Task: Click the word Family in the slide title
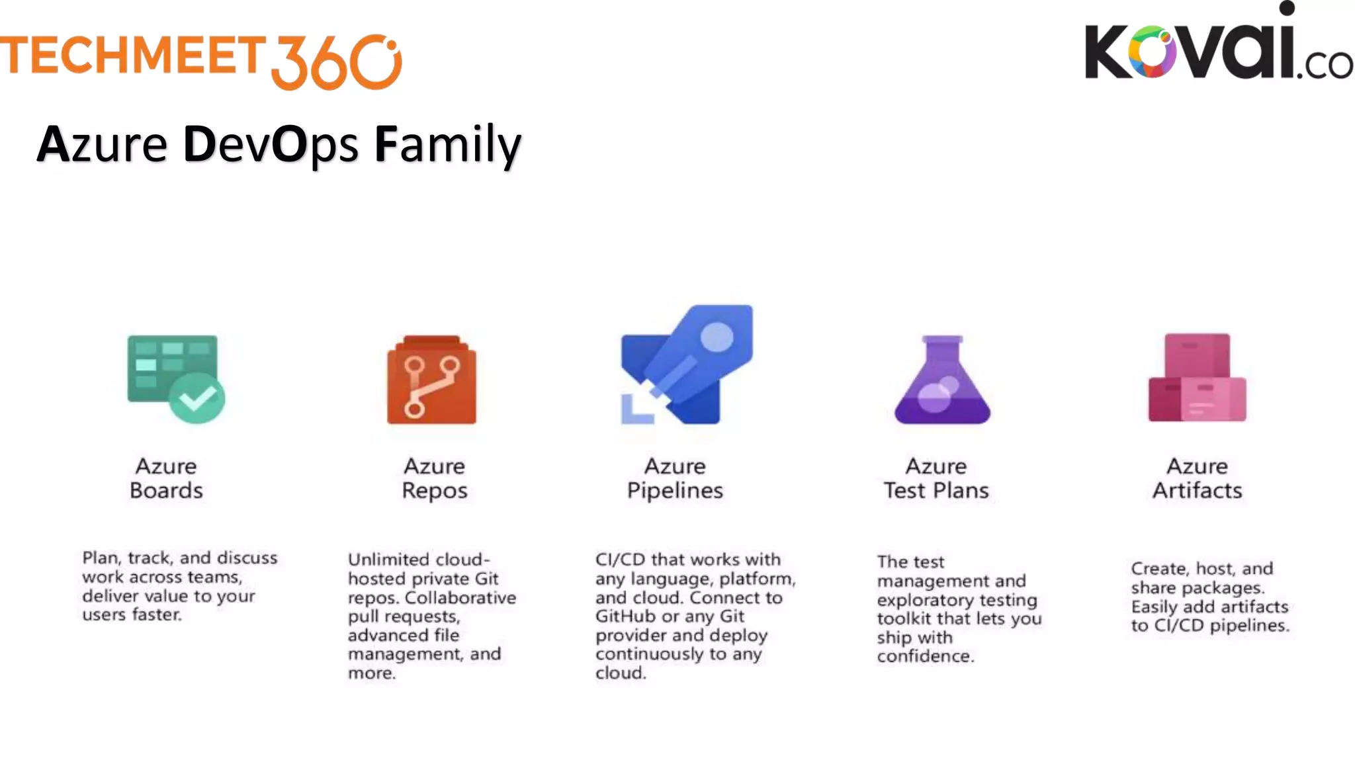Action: pos(448,145)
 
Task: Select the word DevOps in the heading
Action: pos(271,145)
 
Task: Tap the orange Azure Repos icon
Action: pos(431,380)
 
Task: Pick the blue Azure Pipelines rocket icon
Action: pos(687,365)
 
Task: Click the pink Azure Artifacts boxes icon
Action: pos(1197,378)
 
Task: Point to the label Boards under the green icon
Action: pos(166,491)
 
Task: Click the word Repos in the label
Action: pos(435,491)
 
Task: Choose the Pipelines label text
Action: pos(675,491)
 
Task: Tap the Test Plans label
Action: pos(936,491)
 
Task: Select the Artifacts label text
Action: pos(1197,491)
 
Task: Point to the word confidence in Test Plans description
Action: pos(925,656)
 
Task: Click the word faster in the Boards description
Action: pos(156,614)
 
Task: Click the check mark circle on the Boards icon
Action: pos(197,398)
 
